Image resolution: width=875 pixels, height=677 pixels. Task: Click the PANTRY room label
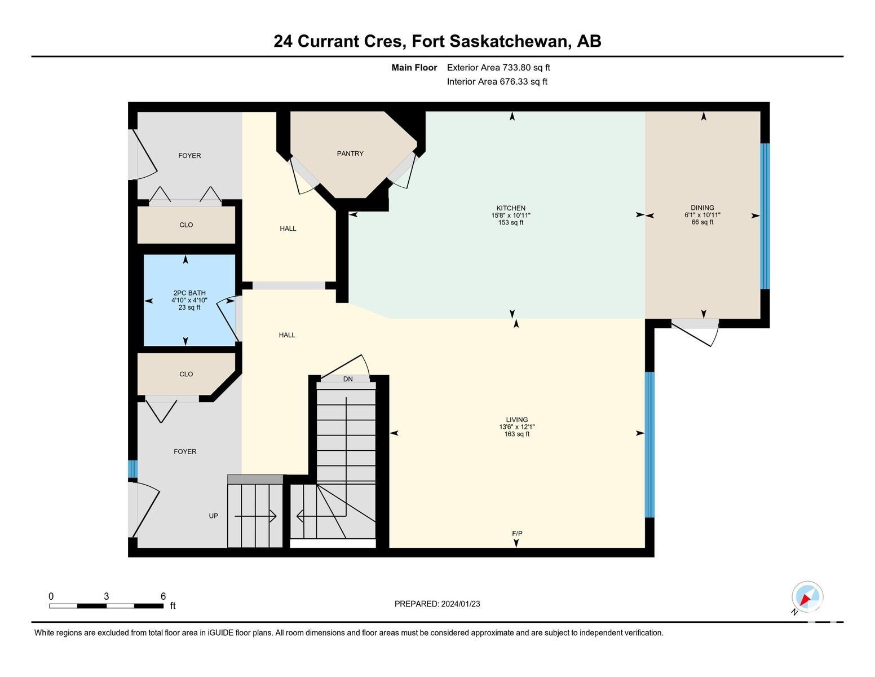click(x=350, y=153)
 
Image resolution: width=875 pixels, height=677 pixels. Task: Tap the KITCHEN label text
click(x=511, y=208)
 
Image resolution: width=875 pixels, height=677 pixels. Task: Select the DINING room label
click(x=702, y=208)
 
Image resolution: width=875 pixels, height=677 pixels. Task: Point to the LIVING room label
click(x=516, y=420)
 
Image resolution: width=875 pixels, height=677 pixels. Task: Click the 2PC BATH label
click(x=189, y=293)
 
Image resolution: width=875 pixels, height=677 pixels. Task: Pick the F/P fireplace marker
click(x=517, y=533)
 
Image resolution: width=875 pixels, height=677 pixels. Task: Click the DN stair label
click(x=348, y=379)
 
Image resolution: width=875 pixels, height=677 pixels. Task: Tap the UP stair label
click(x=214, y=516)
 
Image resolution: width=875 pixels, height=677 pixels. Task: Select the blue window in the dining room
click(x=764, y=216)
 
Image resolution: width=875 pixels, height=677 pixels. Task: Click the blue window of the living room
click(x=649, y=445)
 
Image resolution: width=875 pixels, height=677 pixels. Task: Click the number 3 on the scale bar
click(x=107, y=596)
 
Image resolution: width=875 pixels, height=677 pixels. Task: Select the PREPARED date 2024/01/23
click(x=460, y=604)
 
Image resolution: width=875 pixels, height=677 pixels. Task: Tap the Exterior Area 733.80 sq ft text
click(x=498, y=68)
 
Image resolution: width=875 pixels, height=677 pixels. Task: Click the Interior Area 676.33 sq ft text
click(x=497, y=82)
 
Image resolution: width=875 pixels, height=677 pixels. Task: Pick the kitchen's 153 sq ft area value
click(x=511, y=223)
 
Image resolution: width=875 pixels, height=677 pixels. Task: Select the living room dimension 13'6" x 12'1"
click(x=516, y=427)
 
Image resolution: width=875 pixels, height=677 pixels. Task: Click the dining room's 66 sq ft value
click(x=702, y=222)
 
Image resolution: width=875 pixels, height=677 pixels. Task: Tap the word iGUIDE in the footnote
click(x=220, y=632)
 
